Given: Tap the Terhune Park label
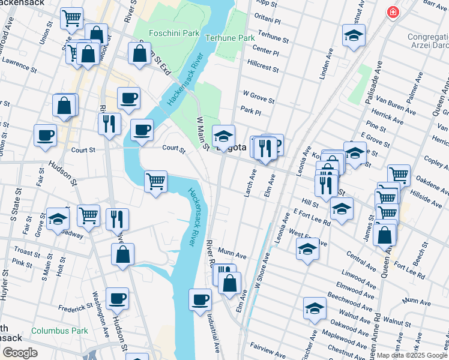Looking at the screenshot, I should (230, 37).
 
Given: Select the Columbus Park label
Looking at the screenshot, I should (59, 331).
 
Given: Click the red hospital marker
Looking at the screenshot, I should (393, 13).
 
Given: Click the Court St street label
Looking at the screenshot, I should (173, 148).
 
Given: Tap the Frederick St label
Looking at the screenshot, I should (74, 308).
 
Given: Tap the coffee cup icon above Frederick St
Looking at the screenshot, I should (117, 298).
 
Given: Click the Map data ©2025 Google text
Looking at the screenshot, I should (411, 355).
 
